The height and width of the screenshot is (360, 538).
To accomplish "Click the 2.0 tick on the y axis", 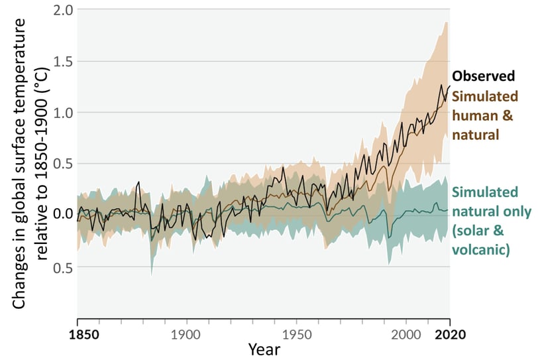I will [x=63, y=11].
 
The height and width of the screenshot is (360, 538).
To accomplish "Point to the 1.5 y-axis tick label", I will [x=63, y=62].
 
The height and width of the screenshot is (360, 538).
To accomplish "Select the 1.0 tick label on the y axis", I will [x=63, y=113].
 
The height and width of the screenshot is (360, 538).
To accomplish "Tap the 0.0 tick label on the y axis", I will [x=63, y=215].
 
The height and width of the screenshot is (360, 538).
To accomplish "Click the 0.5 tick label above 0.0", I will [x=63, y=164].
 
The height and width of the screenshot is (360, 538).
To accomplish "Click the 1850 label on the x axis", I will [x=88, y=333].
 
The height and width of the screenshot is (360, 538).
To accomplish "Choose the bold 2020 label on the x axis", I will [x=451, y=333].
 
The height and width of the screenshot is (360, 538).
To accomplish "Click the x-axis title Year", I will [x=263, y=349].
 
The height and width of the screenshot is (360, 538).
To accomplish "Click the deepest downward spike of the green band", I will [x=152, y=274].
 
